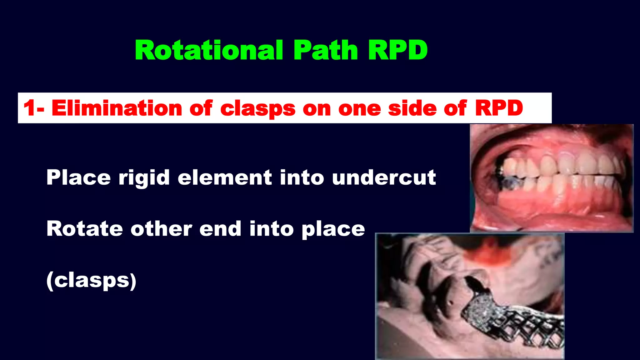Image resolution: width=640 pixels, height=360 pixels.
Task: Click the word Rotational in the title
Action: pyautogui.click(x=209, y=51)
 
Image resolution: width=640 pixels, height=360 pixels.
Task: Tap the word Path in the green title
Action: pyautogui.click(x=326, y=51)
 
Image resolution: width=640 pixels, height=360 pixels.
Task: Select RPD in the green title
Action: pyautogui.click(x=397, y=51)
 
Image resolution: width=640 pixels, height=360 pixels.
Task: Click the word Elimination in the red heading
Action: pyautogui.click(x=117, y=108)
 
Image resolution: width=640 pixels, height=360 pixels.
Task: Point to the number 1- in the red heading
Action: pyautogui.click(x=34, y=108)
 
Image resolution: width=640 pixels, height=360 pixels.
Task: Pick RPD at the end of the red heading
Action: pyautogui.click(x=499, y=108)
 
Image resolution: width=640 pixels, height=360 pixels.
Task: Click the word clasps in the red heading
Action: pyautogui.click(x=257, y=109)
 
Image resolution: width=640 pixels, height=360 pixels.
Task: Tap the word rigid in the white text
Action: pyautogui.click(x=144, y=177)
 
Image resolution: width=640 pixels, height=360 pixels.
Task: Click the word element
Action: pyautogui.click(x=225, y=177)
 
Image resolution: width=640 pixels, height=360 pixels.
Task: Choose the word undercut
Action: pyautogui.click(x=384, y=177)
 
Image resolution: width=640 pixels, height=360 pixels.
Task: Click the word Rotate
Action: pyautogui.click(x=85, y=229)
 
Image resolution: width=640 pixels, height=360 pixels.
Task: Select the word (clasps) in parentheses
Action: pyautogui.click(x=91, y=280)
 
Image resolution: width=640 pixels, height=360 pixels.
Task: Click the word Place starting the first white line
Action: pyautogui.click(x=78, y=177)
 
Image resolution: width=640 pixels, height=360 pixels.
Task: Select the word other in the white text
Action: pyautogui.click(x=161, y=229)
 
